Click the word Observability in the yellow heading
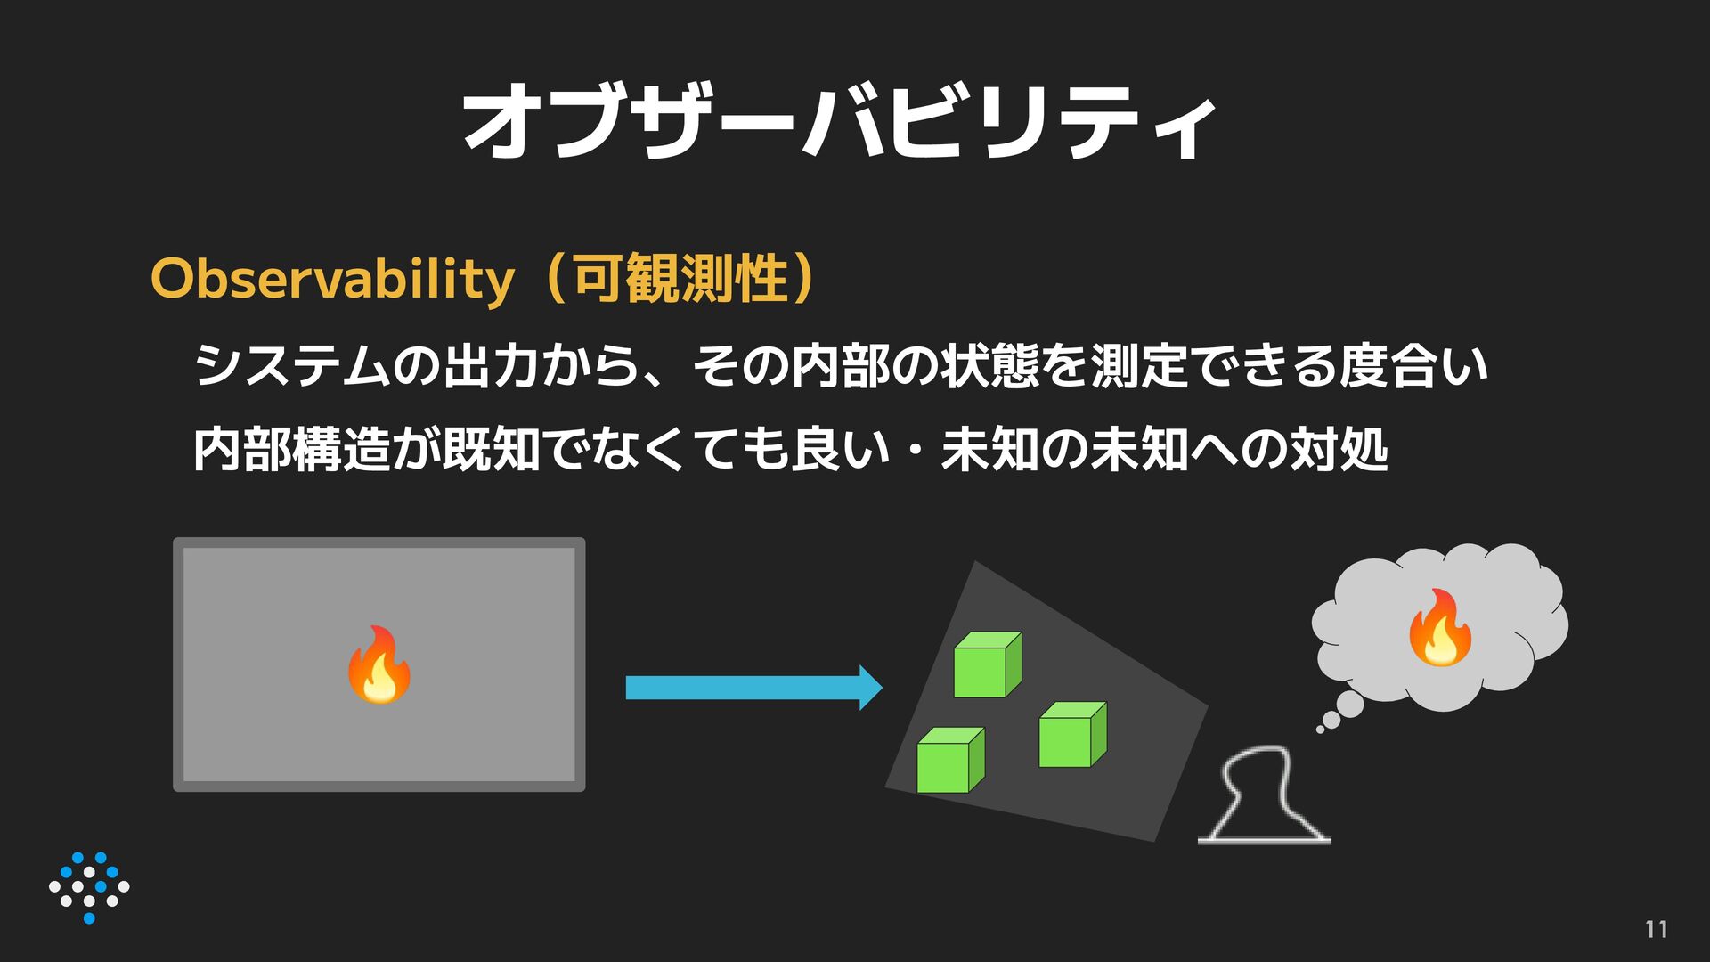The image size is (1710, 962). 332,279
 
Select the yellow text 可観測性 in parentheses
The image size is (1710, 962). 680,279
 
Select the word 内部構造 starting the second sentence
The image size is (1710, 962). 292,449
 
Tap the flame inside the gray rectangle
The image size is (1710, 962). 379,665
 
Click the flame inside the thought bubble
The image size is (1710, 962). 1438,629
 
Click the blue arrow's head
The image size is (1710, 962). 869,688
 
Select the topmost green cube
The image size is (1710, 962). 987,665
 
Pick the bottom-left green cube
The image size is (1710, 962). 950,761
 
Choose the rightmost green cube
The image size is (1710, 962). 1072,735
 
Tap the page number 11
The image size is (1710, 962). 1656,929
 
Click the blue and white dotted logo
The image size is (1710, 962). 89,887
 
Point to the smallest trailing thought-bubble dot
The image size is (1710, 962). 1320,730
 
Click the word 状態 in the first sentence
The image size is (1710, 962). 989,366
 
